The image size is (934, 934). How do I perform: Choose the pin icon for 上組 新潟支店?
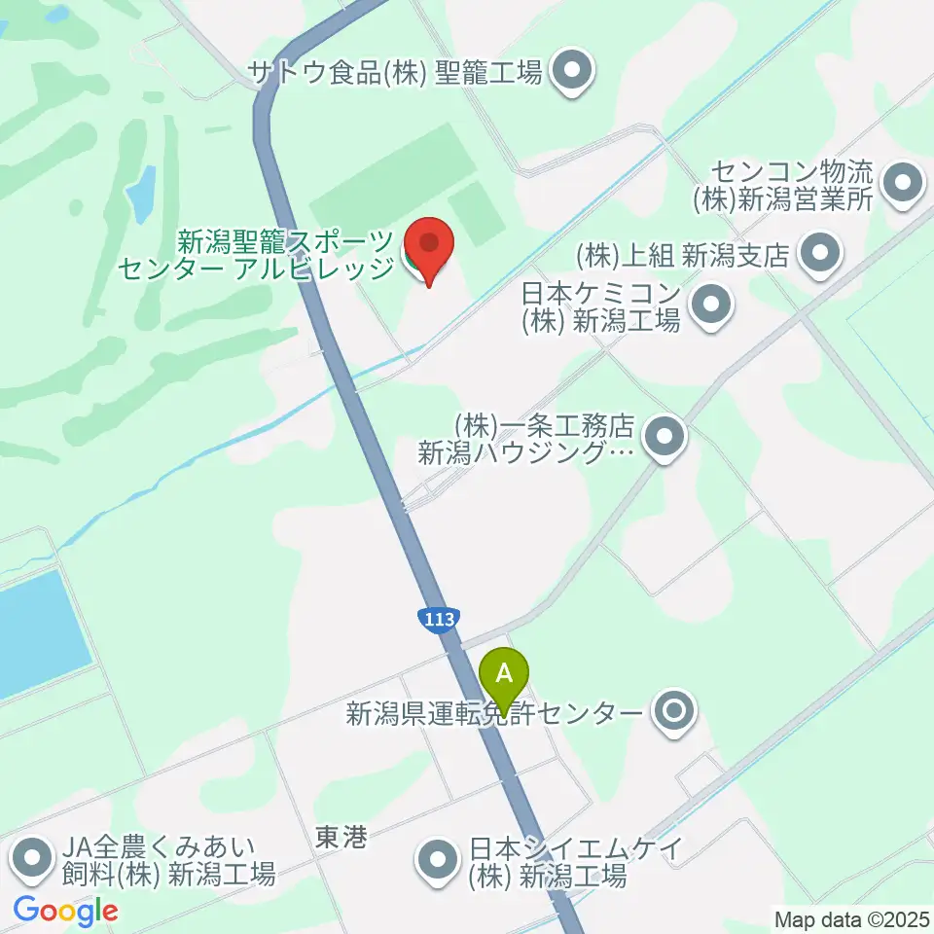tap(818, 254)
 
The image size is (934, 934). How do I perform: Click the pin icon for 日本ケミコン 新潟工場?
tap(712, 305)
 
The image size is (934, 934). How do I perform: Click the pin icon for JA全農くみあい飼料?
tap(33, 859)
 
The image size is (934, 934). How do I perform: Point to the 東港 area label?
tap(341, 838)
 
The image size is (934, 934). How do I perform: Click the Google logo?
tap(66, 911)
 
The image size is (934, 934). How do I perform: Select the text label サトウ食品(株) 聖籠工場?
tap(395, 72)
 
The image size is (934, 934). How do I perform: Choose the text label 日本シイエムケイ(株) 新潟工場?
tap(546, 861)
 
